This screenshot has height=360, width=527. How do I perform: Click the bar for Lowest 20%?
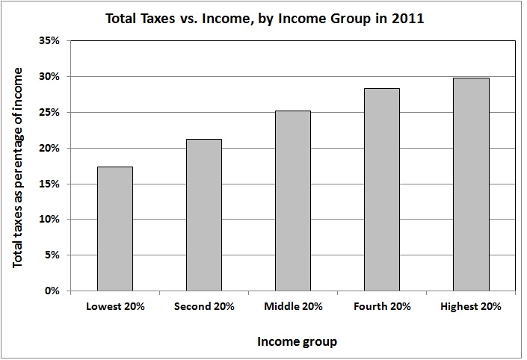(114, 229)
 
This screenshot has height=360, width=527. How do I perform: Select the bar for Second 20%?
(203, 215)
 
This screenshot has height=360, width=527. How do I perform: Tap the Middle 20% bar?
(292, 201)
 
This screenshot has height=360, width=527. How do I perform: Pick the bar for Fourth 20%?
(381, 190)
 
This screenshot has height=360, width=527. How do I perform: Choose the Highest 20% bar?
(471, 184)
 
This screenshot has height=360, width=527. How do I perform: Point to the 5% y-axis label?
(53, 255)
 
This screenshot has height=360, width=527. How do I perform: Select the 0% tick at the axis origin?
(53, 291)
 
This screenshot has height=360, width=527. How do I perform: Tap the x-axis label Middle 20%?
(293, 306)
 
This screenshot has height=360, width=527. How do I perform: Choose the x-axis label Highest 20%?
(471, 306)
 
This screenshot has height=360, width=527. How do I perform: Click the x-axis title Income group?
(296, 342)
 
